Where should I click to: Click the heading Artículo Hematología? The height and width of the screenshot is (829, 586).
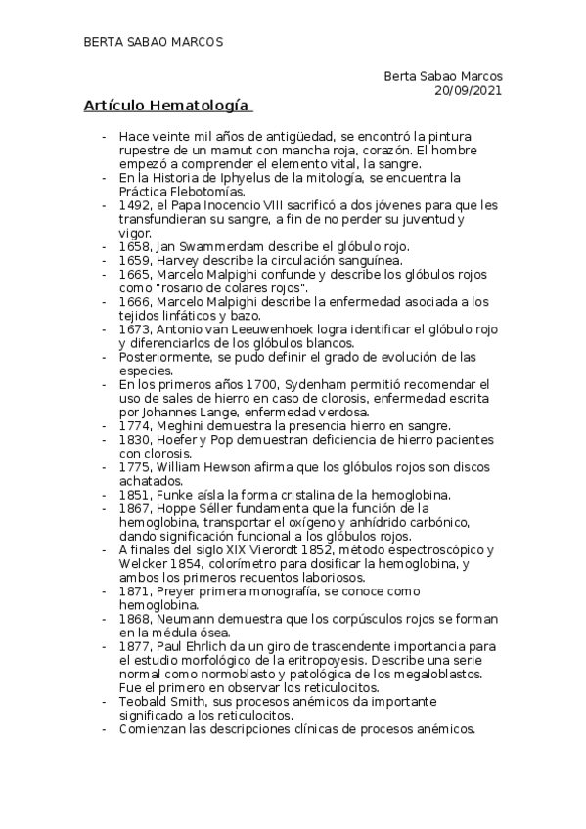[x=166, y=106]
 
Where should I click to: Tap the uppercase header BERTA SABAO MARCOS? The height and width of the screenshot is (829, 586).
[x=154, y=42]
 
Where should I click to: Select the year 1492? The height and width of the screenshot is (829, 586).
[x=134, y=205]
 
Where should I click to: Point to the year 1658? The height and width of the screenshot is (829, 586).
[x=134, y=247]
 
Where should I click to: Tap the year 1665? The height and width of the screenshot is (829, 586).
[x=134, y=275]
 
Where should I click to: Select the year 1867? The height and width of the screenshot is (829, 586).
[x=134, y=508]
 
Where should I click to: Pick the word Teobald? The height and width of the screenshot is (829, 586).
[x=144, y=702]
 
